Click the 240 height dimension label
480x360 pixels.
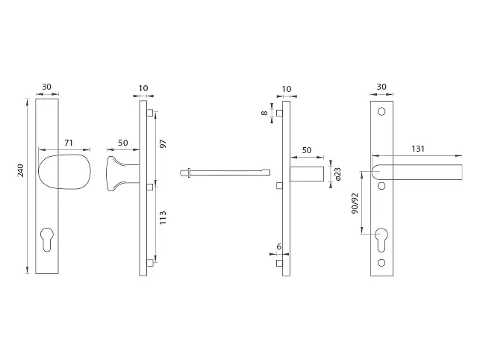point(20,170)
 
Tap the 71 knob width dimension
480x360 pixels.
point(69,143)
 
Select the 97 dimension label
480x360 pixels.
point(163,143)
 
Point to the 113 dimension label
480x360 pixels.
point(163,217)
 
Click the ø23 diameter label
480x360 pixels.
point(337,174)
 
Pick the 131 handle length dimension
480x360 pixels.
point(418,149)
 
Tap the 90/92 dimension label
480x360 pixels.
point(355,203)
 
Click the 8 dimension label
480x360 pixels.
point(264,113)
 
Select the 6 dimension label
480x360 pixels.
point(279,246)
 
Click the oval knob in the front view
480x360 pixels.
point(65,172)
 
